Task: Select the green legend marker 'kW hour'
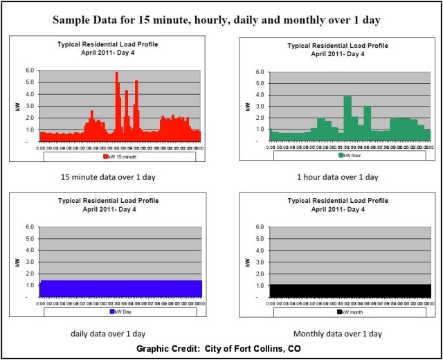coord(341,156)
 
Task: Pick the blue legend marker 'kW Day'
coord(99,312)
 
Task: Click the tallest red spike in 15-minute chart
coord(116,74)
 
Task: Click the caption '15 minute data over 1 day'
coord(111,177)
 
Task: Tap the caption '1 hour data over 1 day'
coord(338,177)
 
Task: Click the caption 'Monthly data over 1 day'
coord(338,332)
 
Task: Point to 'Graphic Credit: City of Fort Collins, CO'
coord(221,348)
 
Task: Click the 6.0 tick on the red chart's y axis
coord(29,71)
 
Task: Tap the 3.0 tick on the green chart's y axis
coord(260,107)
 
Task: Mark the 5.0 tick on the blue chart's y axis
coord(29,238)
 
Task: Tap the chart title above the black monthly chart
coord(338,204)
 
